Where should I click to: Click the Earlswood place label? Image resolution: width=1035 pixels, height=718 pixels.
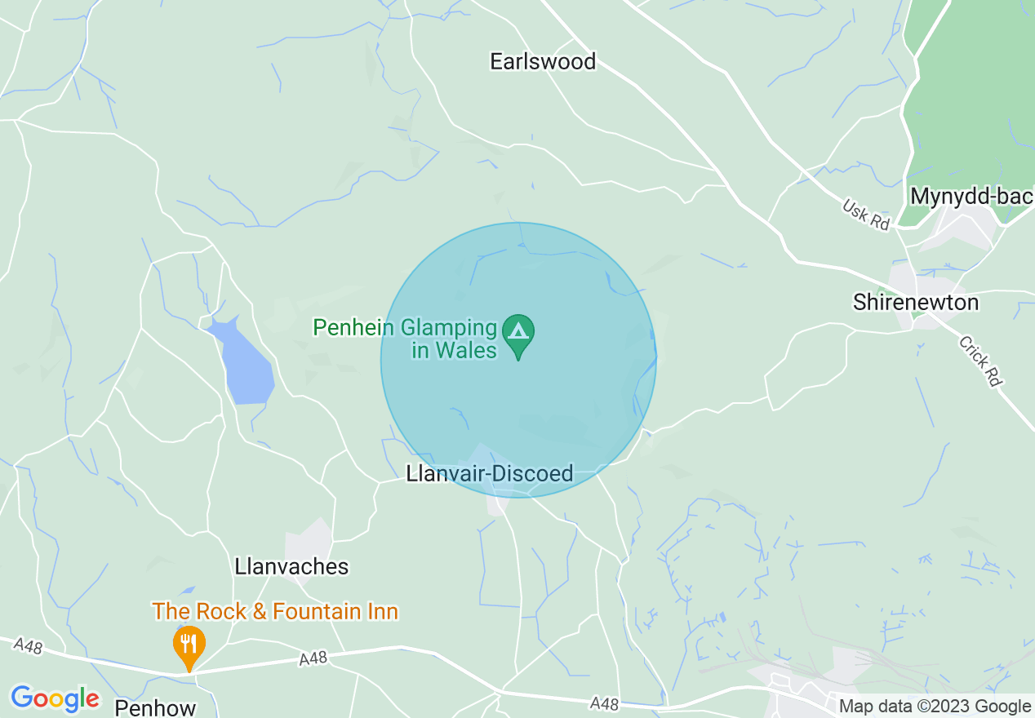543,61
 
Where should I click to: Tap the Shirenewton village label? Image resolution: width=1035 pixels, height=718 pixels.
915,303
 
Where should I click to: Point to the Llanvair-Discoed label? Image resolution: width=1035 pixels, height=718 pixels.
490,473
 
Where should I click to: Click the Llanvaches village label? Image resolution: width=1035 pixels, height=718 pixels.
291,566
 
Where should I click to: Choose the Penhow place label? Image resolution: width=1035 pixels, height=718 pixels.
155,707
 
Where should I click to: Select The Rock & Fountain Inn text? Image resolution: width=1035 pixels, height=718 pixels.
275,611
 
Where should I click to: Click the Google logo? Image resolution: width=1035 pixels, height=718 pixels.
55,698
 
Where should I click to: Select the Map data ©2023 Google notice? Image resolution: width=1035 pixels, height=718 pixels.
935,707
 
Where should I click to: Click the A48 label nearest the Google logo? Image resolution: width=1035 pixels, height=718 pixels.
29,646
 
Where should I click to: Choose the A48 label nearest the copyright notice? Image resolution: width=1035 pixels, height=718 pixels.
605,703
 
